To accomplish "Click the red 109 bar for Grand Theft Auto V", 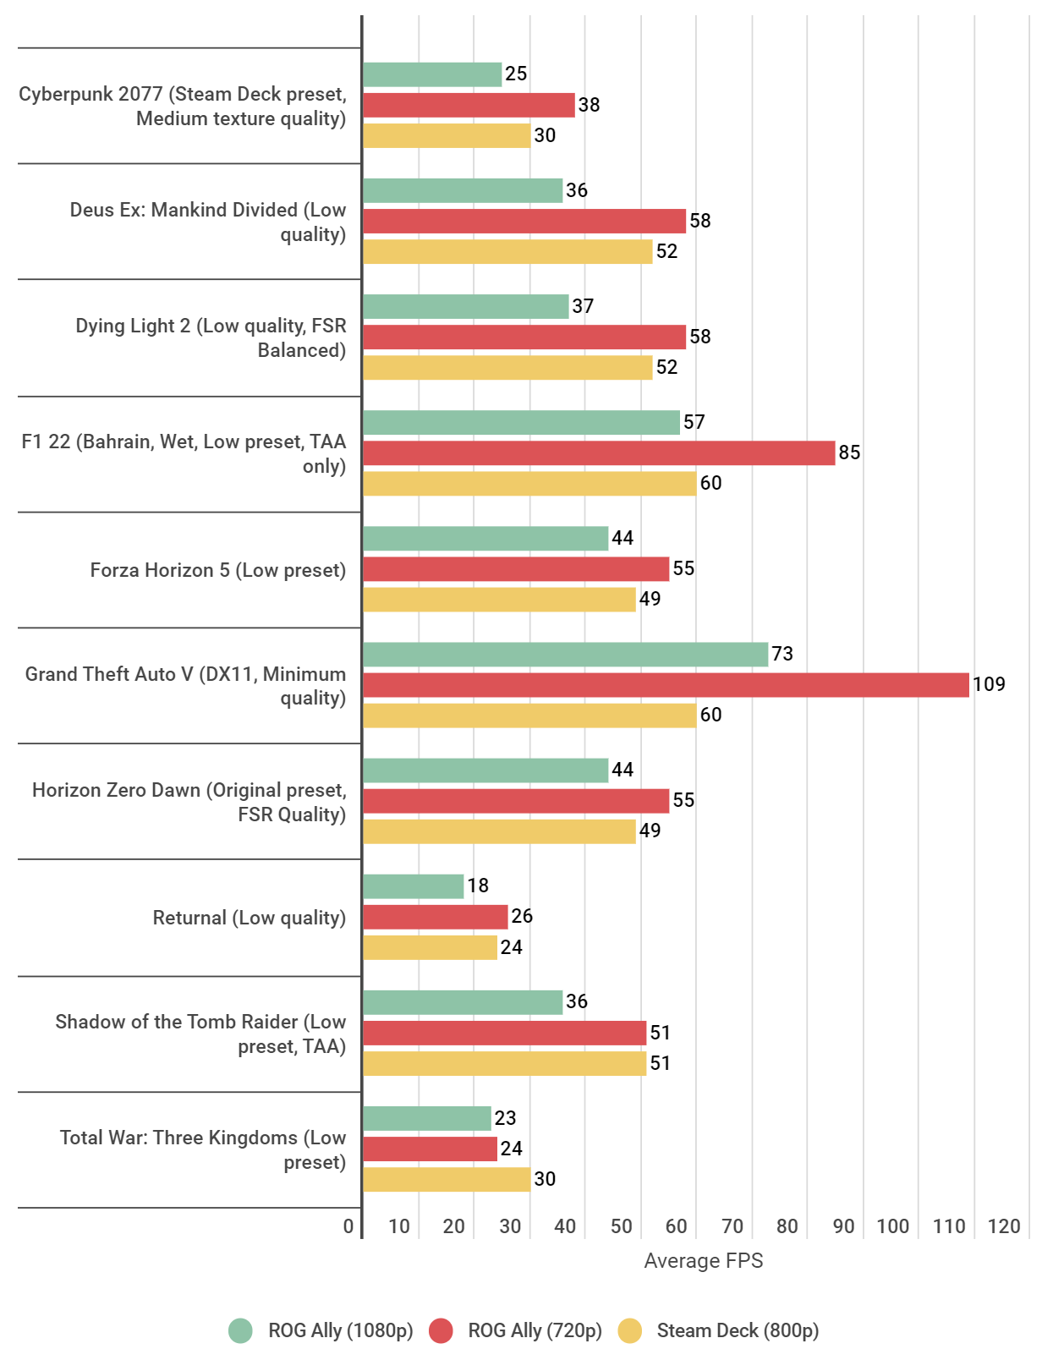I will pos(666,685).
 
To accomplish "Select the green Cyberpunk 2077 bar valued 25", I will pos(432,74).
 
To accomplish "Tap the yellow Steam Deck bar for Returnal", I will pos(430,947).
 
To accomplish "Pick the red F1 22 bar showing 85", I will pos(599,453).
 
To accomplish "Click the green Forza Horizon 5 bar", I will pos(485,539).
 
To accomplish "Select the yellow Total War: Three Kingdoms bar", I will pos(447,1179).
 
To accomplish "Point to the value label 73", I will pos(782,654).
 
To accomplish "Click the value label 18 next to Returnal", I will pos(478,886).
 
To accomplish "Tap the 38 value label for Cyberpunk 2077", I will pos(589,105).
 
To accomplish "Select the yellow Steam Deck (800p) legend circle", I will pos(630,1330).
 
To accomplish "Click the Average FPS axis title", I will pos(703,1261).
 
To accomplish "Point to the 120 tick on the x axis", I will pos(1004,1226).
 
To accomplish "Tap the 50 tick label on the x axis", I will pos(622,1226).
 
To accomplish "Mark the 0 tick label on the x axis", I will pos(348,1226).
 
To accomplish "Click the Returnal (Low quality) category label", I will pos(249,918).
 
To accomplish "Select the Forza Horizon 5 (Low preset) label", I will pos(217,570).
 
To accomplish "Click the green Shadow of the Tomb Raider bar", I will pos(463,1002).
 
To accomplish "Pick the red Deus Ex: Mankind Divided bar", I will pos(524,222).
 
